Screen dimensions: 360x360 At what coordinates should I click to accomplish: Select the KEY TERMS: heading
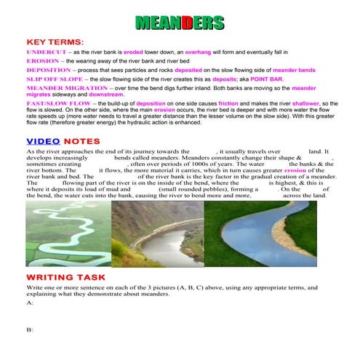coord(55,44)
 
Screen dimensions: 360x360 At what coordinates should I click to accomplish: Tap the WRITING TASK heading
coord(66,278)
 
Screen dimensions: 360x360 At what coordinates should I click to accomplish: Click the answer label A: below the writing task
coord(30,303)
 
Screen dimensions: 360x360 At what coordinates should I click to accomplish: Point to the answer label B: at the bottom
coord(30,329)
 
